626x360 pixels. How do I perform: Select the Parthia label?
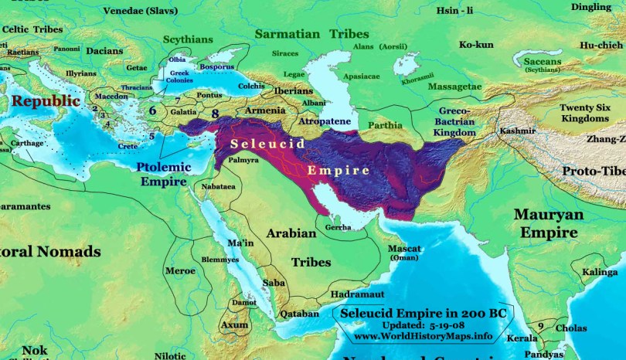tap(384, 124)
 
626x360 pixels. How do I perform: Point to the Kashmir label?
tap(518, 131)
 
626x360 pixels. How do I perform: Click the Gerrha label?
tap(339, 227)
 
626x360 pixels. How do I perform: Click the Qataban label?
tap(299, 314)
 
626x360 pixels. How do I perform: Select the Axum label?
tap(235, 325)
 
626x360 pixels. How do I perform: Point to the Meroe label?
tap(179, 270)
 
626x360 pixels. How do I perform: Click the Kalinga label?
tap(600, 273)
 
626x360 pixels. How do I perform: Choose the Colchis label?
tap(253, 86)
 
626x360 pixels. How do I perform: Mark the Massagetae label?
tap(455, 85)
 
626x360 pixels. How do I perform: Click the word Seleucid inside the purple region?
tap(266, 144)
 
